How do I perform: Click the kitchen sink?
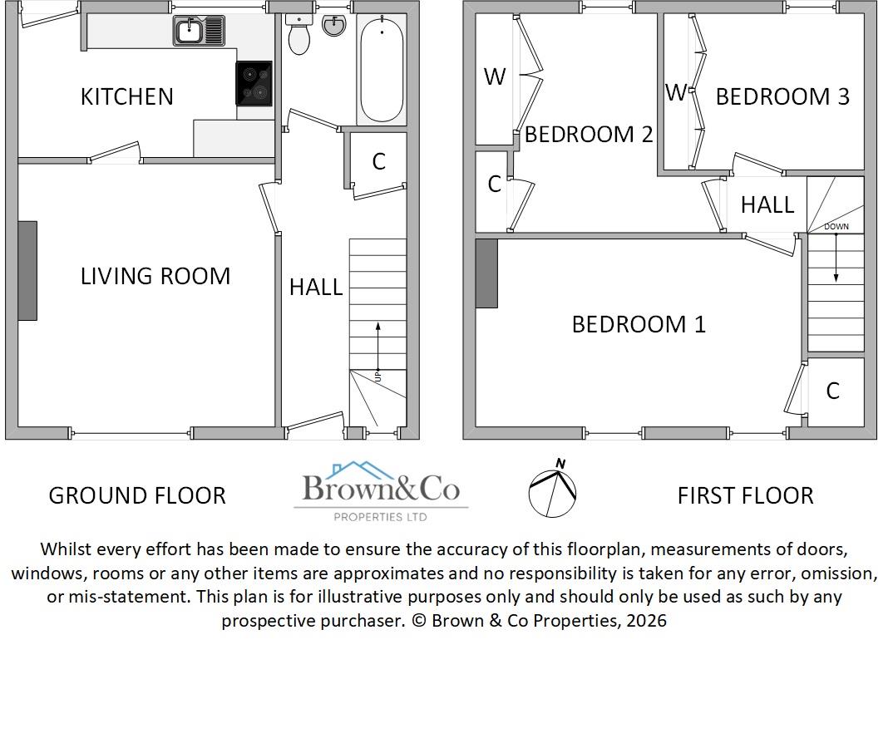(200, 32)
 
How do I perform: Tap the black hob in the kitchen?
(254, 84)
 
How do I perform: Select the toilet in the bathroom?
(298, 35)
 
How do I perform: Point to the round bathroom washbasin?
(334, 26)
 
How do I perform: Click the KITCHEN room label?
(126, 96)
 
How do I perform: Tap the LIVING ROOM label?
(155, 276)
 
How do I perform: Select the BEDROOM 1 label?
(638, 324)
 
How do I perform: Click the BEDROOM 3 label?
(782, 96)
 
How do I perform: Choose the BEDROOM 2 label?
(588, 134)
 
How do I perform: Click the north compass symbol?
(553, 490)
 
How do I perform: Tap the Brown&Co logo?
(381, 492)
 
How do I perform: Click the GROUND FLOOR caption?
(137, 495)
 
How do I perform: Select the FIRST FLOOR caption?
(745, 495)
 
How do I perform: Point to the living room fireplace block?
(27, 270)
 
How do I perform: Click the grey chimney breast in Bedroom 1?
(486, 273)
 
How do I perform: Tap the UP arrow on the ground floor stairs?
(378, 349)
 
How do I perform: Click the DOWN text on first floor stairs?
(836, 227)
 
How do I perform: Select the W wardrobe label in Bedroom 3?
(675, 92)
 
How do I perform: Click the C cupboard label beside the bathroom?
(378, 161)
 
